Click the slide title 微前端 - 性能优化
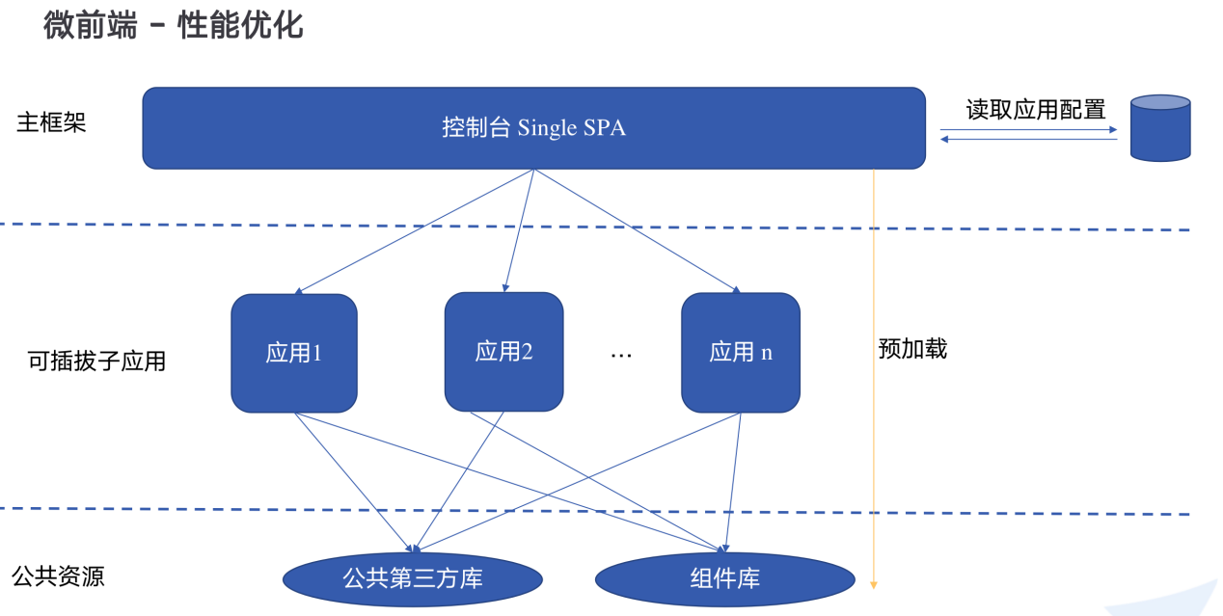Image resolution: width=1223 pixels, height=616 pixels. [174, 24]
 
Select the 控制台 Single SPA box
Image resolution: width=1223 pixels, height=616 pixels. [533, 128]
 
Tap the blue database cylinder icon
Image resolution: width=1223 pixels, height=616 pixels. [1160, 127]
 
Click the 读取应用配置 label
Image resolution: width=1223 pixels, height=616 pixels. [1036, 110]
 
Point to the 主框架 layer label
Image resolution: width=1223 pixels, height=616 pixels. [51, 123]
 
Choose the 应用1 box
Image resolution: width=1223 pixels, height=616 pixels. [294, 353]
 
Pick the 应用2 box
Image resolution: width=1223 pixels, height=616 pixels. [503, 352]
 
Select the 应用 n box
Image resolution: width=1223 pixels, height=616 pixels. [740, 353]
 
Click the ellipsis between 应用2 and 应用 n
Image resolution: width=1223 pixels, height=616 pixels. [621, 355]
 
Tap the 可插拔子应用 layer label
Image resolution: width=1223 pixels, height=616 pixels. [96, 362]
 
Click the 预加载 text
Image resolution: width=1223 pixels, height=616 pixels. [912, 349]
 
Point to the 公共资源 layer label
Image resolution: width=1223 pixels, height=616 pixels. [58, 576]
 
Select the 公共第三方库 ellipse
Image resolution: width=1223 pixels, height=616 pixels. [413, 579]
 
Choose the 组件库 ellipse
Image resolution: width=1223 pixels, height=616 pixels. [725, 579]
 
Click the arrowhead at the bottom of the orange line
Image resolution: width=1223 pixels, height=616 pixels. [874, 583]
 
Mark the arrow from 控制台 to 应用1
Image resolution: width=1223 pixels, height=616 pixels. [415, 231]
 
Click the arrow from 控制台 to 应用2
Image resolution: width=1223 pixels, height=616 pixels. [519, 231]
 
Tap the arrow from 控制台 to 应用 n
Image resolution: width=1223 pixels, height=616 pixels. [637, 231]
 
